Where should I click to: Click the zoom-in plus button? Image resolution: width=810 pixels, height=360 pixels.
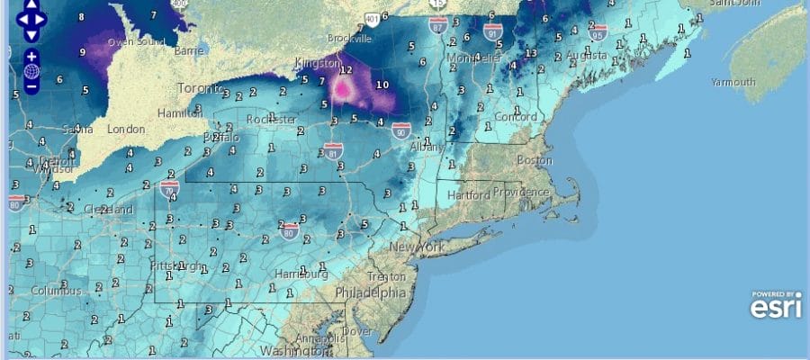click(31, 56)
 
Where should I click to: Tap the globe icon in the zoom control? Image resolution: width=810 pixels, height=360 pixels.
click(31, 71)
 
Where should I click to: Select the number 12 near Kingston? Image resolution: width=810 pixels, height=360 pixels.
click(346, 68)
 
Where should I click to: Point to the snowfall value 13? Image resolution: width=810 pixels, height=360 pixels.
click(531, 54)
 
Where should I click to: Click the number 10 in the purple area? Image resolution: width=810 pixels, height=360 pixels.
click(382, 85)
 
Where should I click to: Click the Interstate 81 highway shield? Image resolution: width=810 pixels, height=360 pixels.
click(333, 150)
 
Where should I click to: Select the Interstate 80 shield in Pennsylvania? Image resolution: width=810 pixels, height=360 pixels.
click(290, 231)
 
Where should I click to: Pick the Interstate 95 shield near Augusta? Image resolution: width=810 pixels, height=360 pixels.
click(597, 33)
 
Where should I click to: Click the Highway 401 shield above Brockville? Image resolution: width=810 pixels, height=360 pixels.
click(372, 18)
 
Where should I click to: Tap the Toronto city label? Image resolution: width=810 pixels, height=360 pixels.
click(200, 88)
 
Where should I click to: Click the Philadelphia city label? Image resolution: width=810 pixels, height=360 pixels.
click(370, 293)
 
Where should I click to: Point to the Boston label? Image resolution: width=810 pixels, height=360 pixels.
click(535, 160)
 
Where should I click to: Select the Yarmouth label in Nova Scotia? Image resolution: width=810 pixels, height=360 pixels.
click(733, 82)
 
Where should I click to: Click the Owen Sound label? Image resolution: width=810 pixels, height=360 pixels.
click(134, 42)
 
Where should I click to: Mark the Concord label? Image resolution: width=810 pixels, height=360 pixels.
click(516, 117)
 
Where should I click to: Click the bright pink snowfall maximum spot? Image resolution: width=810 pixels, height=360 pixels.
click(343, 87)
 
